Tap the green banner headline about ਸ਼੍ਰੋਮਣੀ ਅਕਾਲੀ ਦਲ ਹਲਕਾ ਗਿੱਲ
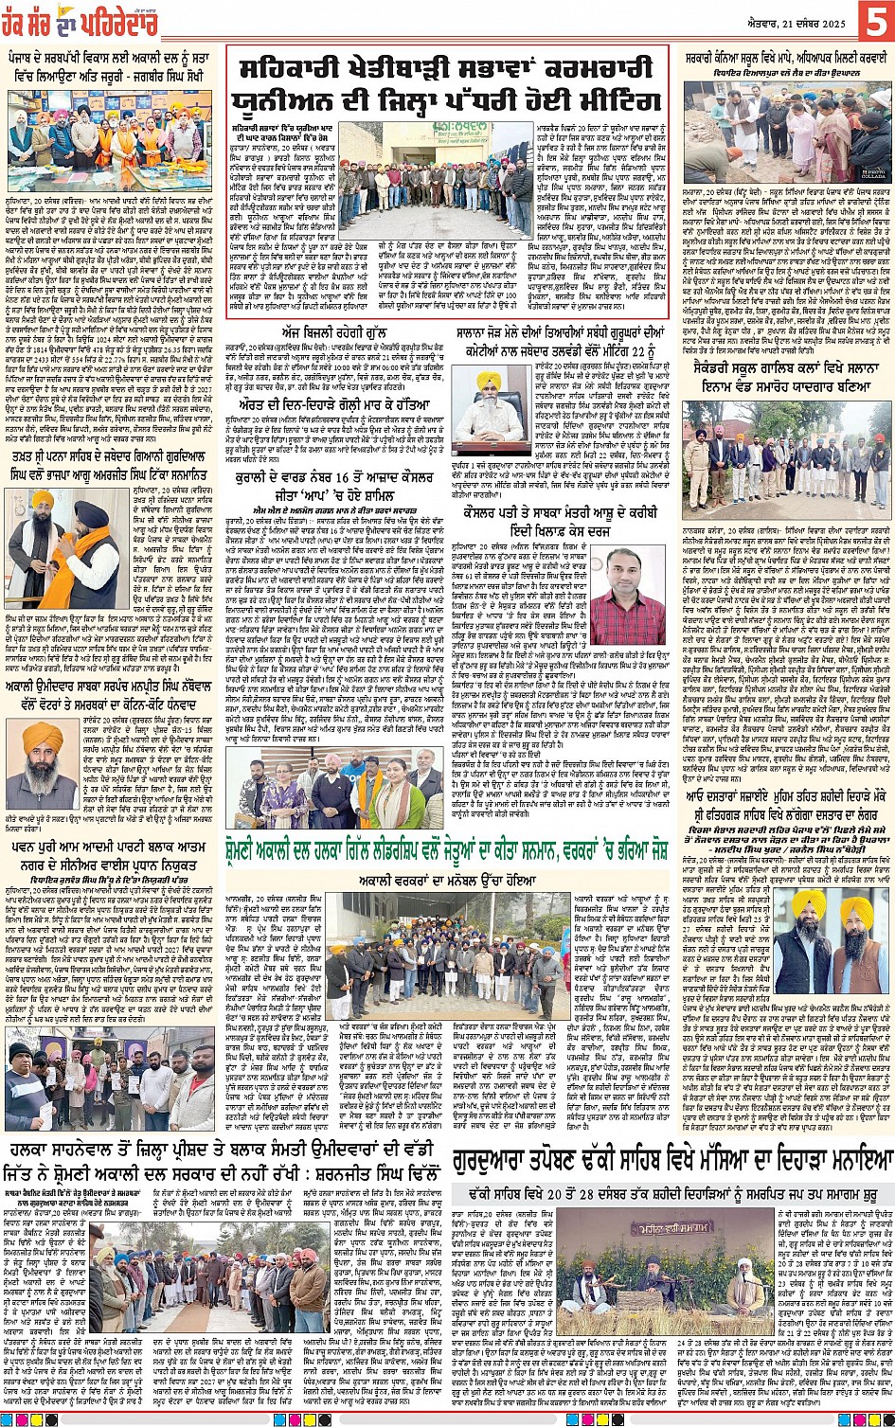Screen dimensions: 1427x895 554,847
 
